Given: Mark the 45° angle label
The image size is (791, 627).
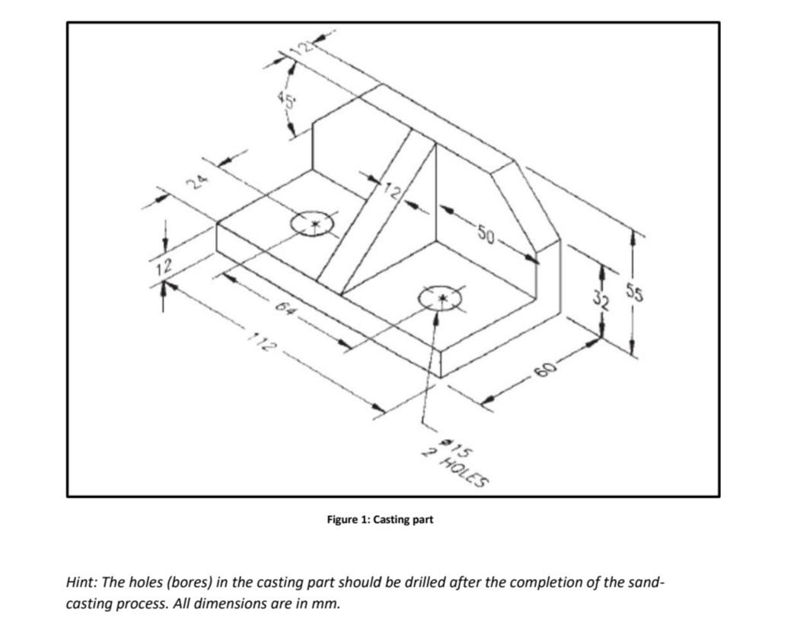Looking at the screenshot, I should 287,98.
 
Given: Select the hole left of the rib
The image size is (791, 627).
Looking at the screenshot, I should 313,224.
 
